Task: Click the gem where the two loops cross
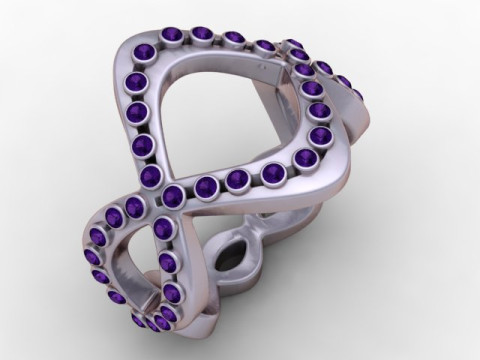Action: (x=173, y=194)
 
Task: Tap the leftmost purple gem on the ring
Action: (x=88, y=255)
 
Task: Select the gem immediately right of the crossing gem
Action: (x=207, y=184)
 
